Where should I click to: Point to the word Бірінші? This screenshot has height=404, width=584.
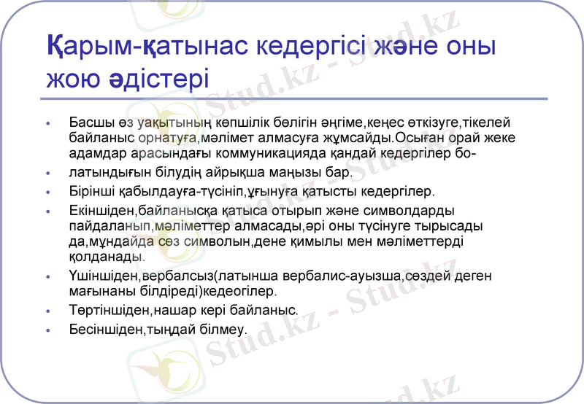[91, 193]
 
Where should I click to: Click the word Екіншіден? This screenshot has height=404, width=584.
[100, 211]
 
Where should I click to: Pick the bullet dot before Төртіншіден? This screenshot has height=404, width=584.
[48, 311]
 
